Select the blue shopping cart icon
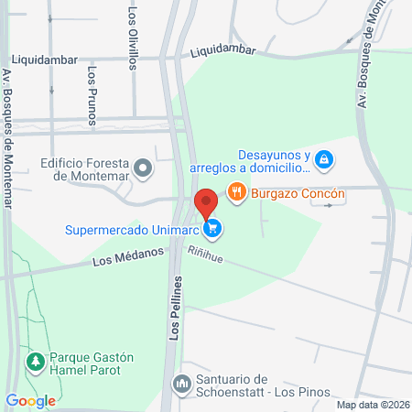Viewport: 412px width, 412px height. coord(212,228)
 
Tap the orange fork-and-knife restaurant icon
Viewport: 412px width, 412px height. coord(237,192)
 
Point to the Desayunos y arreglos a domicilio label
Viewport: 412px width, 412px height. coord(249,161)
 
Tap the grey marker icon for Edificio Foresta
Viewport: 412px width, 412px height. coord(143,168)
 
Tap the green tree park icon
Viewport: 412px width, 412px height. coord(36,363)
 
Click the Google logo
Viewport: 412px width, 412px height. coord(31,400)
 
